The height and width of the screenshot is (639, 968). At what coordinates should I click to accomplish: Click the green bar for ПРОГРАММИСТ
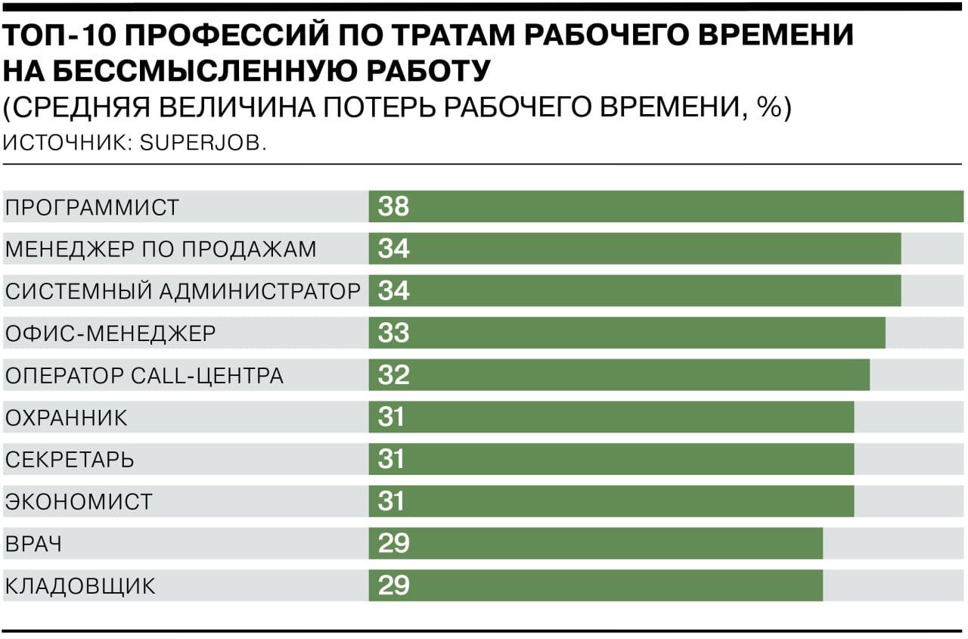(665, 206)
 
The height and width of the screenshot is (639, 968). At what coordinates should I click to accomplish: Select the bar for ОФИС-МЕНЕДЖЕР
(628, 333)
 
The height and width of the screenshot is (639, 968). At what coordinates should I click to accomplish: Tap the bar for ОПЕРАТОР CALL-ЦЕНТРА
(620, 375)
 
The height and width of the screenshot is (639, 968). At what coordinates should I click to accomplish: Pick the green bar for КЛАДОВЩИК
(597, 586)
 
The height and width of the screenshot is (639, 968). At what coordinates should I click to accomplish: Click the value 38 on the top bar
(393, 206)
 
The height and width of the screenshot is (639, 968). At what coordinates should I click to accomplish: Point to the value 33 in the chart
(393, 333)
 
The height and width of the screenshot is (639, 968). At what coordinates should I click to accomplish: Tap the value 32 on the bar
(393, 375)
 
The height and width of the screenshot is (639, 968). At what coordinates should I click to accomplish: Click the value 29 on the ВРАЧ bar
(393, 544)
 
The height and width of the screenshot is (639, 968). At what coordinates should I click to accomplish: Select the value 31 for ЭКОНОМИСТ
(392, 501)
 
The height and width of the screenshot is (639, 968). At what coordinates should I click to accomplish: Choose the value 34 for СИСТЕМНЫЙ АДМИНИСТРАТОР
(393, 291)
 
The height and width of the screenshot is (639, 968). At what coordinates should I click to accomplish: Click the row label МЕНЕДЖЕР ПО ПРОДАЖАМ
(160, 249)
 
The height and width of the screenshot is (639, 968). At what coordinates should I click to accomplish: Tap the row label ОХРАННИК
(67, 417)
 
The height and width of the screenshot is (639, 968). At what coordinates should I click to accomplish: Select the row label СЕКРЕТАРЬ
(70, 460)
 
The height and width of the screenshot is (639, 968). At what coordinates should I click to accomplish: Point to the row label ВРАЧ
(33, 544)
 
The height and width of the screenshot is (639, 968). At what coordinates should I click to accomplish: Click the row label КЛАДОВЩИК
(80, 586)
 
